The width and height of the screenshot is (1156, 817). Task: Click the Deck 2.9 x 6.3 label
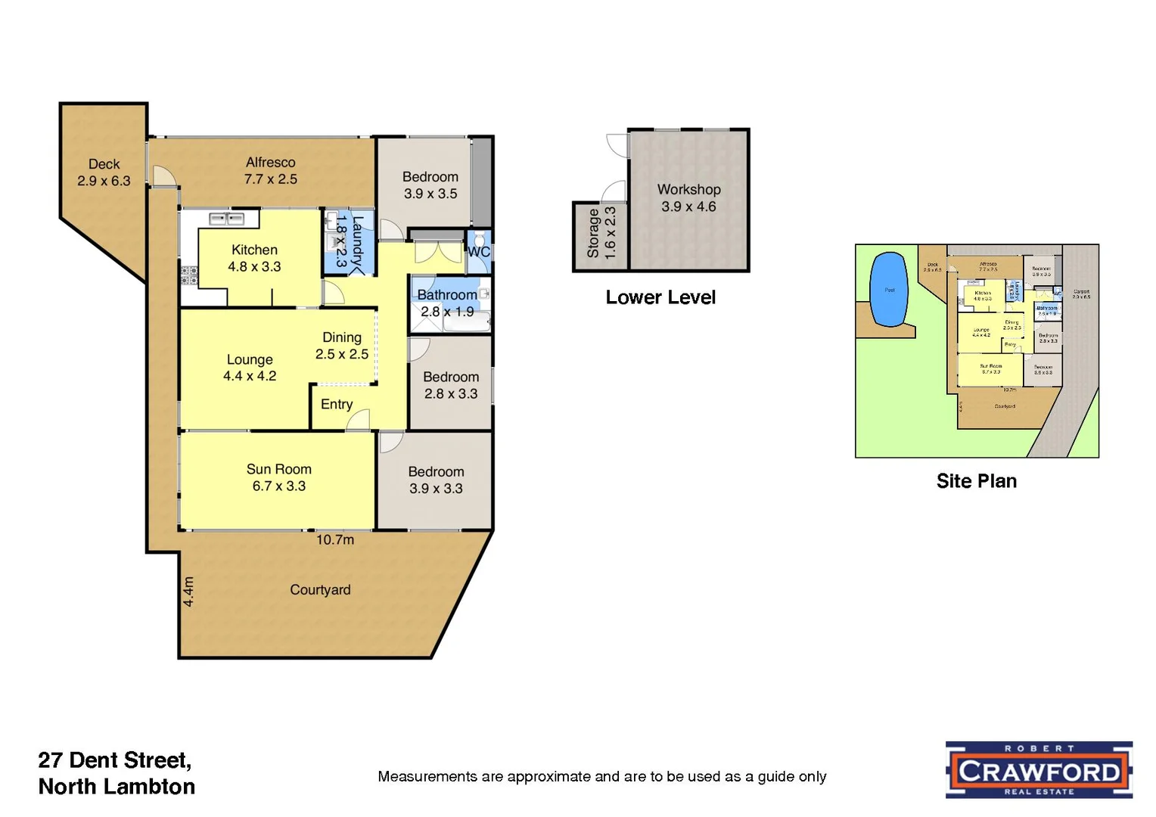click(104, 172)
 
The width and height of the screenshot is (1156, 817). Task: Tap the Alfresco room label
click(270, 170)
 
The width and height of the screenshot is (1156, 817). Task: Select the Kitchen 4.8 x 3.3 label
click(254, 258)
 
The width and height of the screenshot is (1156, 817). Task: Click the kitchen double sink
click(227, 219)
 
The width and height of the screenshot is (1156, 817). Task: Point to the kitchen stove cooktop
click(188, 275)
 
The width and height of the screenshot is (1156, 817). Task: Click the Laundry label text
click(358, 241)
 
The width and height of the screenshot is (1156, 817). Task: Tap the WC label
click(478, 252)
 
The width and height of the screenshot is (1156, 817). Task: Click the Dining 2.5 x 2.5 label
click(342, 346)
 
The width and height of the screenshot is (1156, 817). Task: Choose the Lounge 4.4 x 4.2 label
click(250, 368)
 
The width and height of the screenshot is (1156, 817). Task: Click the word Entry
click(337, 404)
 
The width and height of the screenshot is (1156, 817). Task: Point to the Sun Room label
click(278, 477)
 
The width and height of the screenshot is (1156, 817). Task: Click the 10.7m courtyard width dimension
click(335, 539)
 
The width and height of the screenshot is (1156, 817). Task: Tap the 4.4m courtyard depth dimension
click(188, 591)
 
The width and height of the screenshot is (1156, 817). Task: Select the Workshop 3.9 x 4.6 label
click(688, 197)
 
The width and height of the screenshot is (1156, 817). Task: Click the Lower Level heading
click(660, 297)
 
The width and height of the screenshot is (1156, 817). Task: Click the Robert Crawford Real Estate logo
click(1039, 770)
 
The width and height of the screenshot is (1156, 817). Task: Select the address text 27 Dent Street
click(114, 760)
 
